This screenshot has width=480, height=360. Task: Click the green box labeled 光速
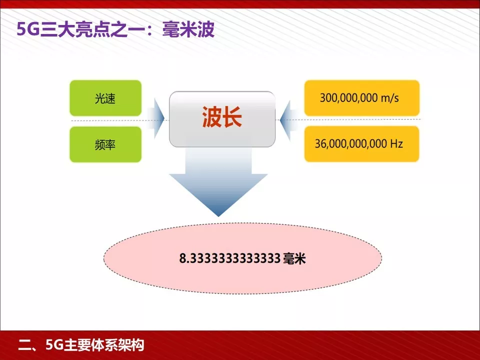click(x=105, y=98)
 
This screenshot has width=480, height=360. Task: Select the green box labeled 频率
click(x=105, y=144)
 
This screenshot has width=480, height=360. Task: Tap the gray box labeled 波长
click(x=222, y=119)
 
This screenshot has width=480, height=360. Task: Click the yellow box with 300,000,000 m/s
click(x=361, y=98)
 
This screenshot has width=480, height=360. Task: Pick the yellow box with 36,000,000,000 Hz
click(x=361, y=144)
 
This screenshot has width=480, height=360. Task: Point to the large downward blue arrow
click(x=218, y=185)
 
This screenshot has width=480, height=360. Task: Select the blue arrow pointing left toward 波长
click(x=287, y=119)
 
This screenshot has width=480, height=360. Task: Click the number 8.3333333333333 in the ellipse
click(x=229, y=259)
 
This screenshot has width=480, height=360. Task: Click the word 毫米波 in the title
click(x=189, y=30)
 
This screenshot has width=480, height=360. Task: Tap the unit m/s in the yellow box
click(x=389, y=98)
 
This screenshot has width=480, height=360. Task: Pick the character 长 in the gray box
click(x=232, y=119)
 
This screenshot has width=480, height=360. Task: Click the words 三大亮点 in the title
click(x=66, y=30)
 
